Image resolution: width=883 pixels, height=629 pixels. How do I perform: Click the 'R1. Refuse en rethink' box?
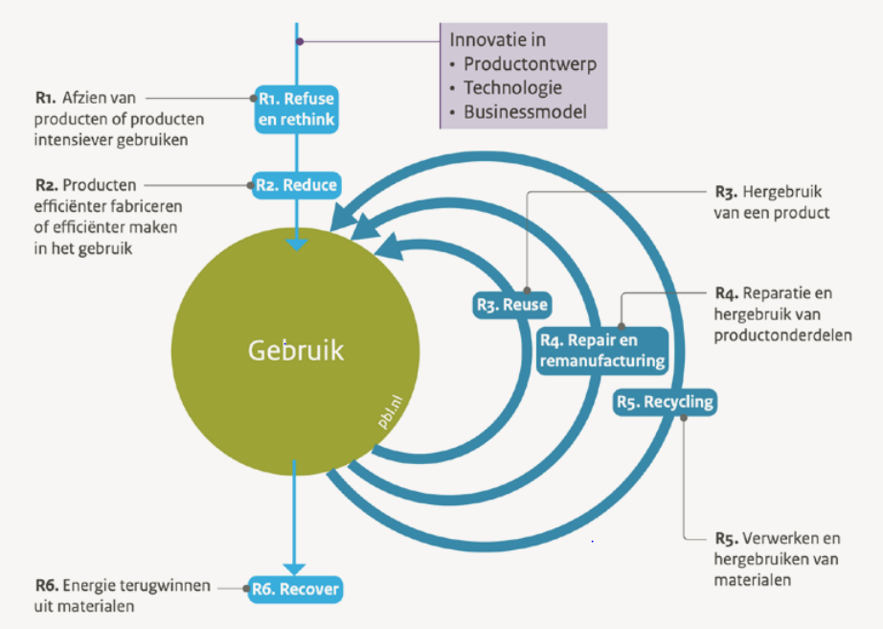pos(297,108)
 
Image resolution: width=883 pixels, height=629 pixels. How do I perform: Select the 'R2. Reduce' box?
pos(297,184)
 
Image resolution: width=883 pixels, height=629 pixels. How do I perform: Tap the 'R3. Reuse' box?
pos(512,305)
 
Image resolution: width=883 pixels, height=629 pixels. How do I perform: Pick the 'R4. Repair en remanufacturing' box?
pos(601,351)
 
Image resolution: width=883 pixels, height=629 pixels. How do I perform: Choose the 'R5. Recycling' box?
pos(664,402)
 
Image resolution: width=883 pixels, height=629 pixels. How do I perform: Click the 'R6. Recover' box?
pos(295,588)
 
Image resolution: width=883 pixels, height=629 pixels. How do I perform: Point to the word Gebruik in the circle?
pos(296,351)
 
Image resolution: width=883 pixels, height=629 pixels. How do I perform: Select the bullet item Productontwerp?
pos(530,64)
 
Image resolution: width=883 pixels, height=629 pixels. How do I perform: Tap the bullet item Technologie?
pos(512,88)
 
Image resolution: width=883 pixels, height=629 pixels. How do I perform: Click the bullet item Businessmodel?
pos(524,112)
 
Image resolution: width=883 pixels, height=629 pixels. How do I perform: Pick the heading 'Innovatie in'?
pos(498,40)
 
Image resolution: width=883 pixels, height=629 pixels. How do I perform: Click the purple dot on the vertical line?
pos(300,41)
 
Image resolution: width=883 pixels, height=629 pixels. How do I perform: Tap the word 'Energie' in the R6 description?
pos(93,585)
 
